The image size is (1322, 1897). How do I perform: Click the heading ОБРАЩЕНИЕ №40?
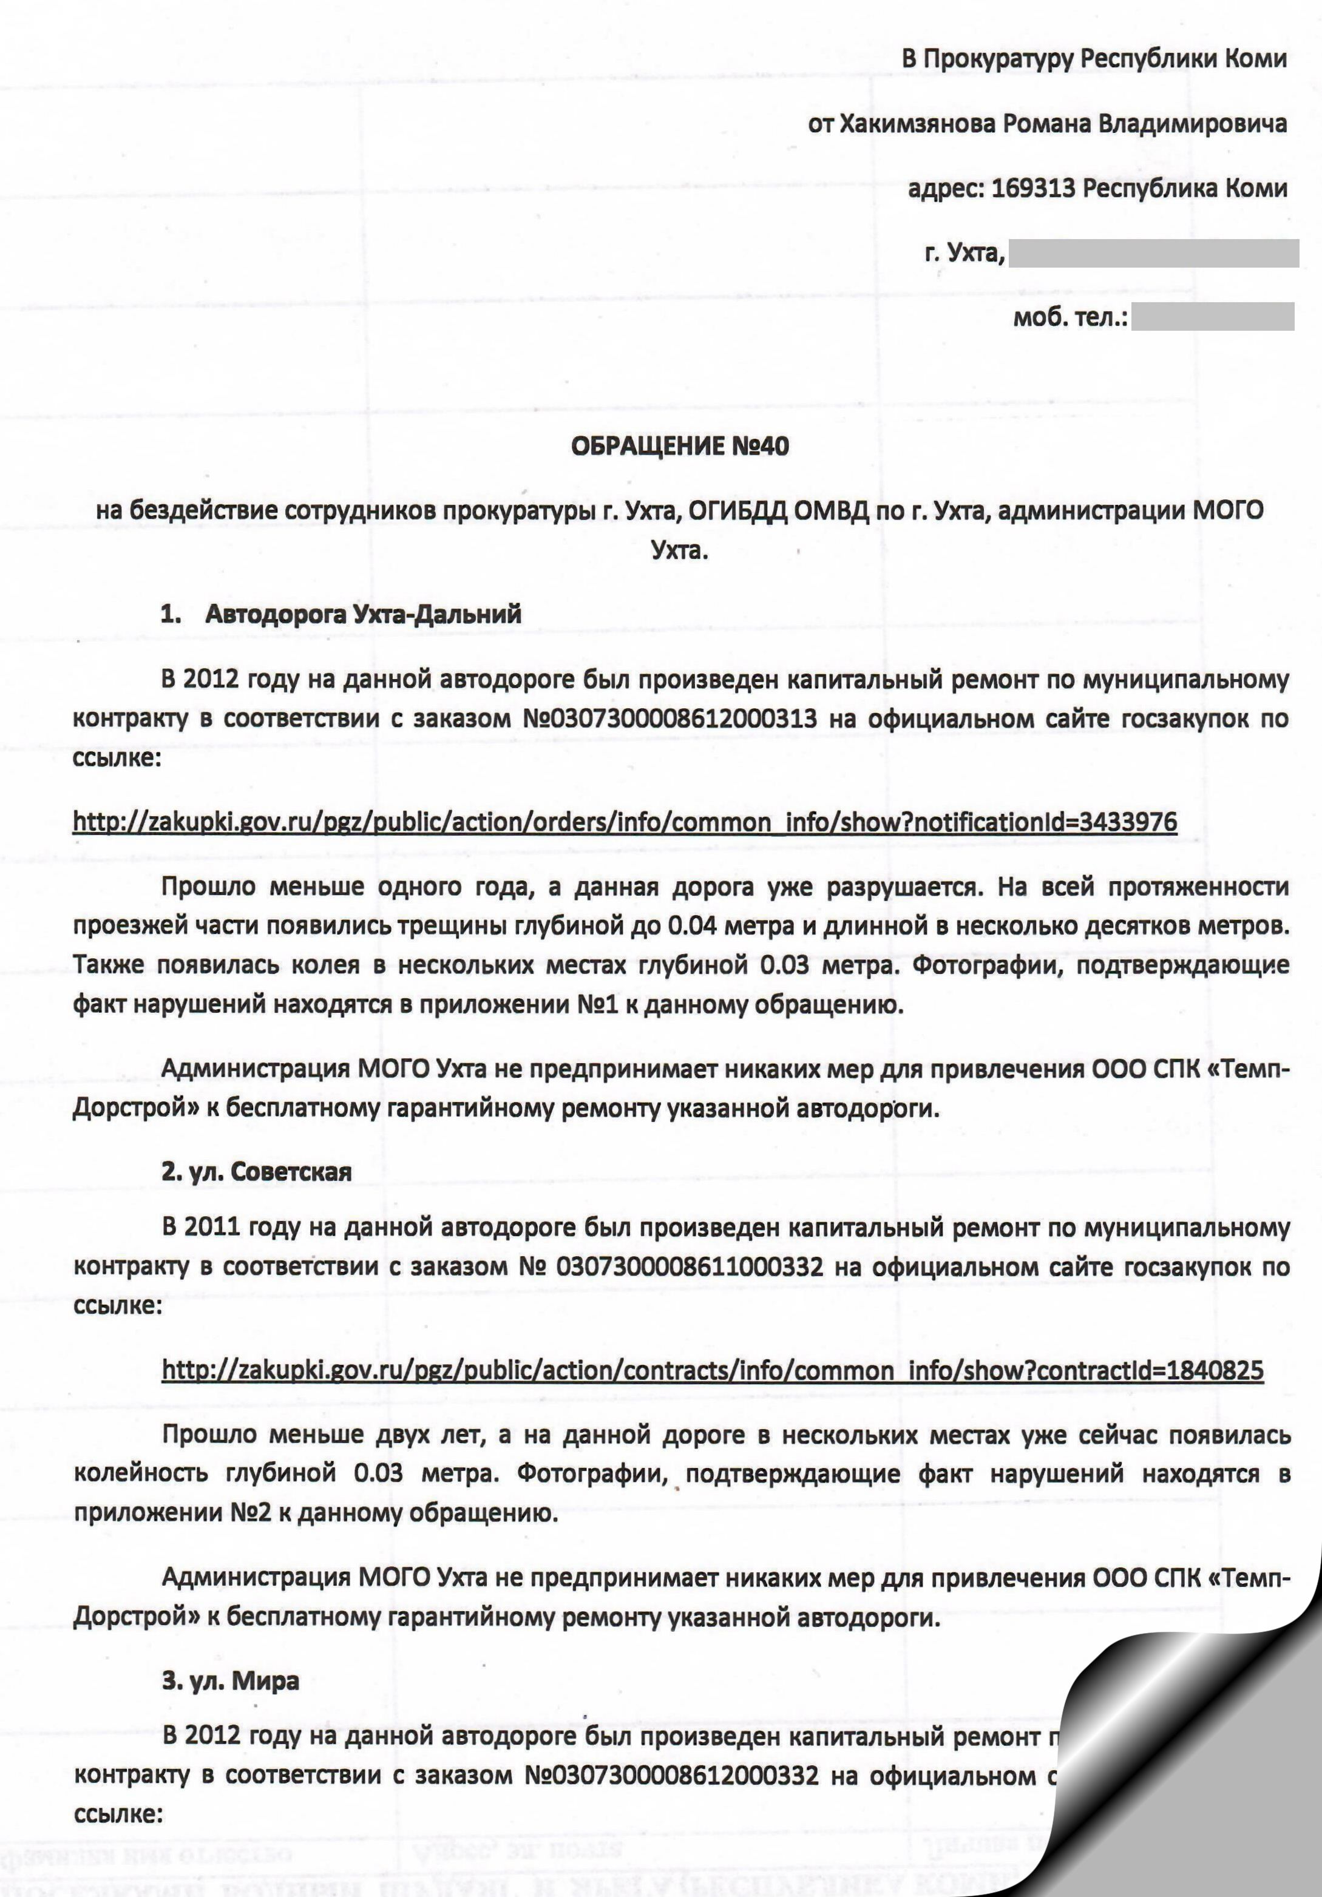[680, 447]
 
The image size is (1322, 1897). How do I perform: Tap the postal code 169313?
[1033, 188]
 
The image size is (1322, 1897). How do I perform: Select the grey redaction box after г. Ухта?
[1153, 254]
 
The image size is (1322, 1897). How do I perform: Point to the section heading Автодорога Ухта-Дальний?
[363, 614]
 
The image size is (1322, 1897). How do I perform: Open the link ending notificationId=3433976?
[625, 822]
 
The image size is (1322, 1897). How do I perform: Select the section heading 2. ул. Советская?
[256, 1172]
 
